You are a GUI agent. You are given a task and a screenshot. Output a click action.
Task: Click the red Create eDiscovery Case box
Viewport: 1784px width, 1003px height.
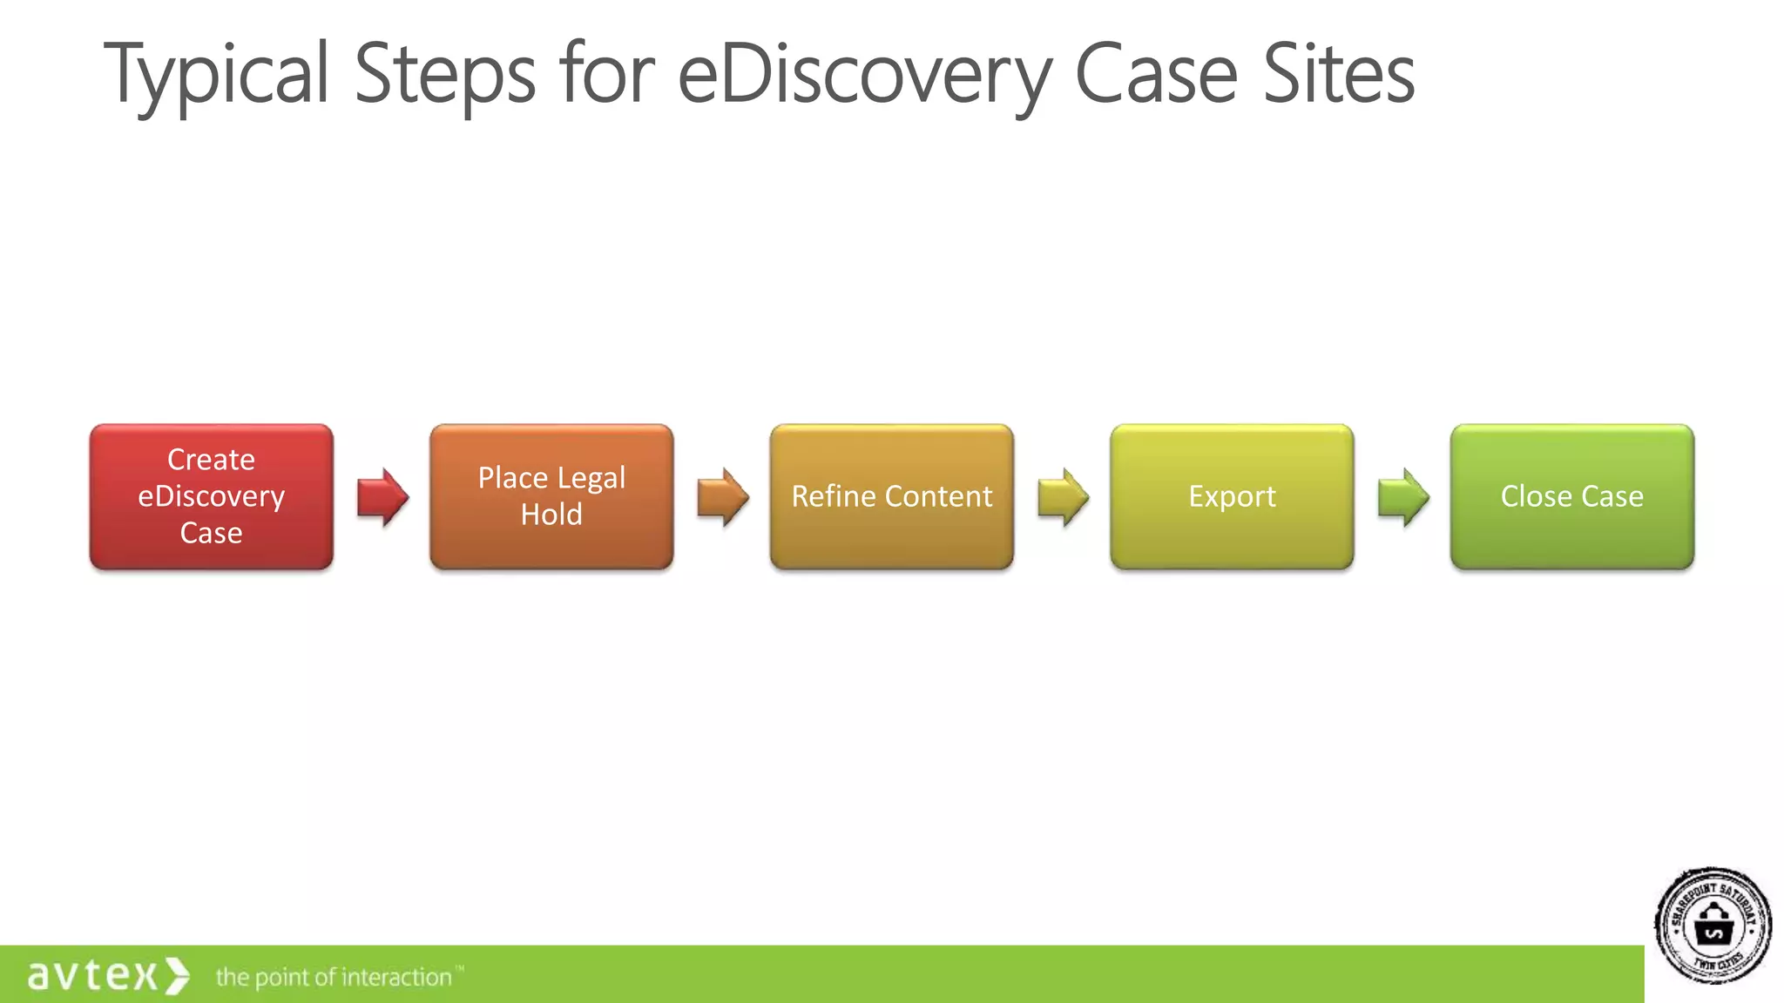[211, 496]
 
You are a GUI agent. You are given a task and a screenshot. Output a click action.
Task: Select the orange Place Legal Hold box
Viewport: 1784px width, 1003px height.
[551, 496]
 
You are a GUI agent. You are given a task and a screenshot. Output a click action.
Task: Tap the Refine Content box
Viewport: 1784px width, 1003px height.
[891, 496]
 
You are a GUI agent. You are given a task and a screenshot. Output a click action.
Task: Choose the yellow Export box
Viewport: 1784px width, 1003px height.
[1232, 496]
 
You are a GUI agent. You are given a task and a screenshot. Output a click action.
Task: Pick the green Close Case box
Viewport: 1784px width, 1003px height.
[1571, 496]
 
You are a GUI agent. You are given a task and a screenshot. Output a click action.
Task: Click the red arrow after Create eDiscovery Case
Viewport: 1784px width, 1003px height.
[382, 497]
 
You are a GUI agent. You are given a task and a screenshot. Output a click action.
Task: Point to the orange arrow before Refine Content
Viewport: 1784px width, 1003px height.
[722, 497]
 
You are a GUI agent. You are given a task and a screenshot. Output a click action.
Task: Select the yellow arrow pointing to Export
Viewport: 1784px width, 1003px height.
[1063, 497]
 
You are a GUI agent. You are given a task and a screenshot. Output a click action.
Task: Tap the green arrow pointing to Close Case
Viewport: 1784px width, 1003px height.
[1402, 497]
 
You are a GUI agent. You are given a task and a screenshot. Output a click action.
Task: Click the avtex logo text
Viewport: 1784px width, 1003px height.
[92, 975]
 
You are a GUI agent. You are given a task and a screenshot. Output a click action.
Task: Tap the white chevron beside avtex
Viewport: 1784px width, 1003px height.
[178, 975]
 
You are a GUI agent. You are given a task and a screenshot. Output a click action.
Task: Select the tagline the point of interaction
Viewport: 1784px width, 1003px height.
[334, 978]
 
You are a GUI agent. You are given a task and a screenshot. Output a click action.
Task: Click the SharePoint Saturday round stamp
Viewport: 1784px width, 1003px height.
[1713, 926]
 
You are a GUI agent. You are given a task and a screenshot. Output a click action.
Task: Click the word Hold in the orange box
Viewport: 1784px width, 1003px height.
[551, 515]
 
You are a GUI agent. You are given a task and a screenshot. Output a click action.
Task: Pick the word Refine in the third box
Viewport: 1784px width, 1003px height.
[833, 496]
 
